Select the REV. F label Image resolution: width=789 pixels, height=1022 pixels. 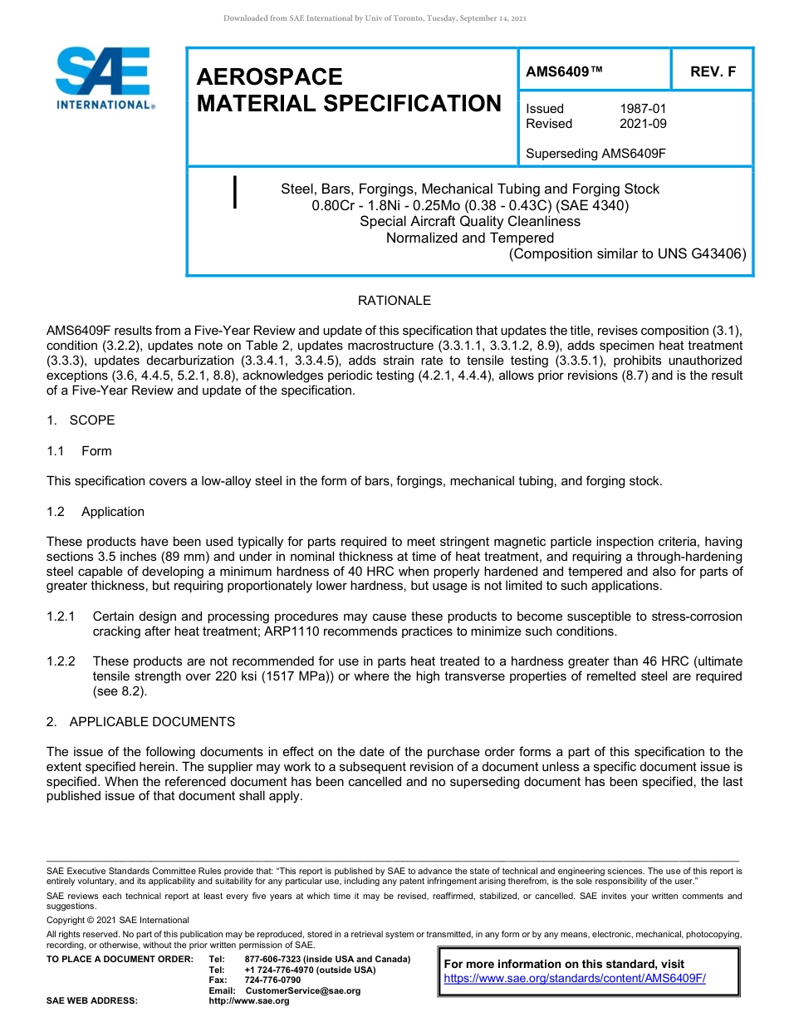(x=713, y=72)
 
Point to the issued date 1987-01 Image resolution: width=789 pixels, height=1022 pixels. (x=643, y=109)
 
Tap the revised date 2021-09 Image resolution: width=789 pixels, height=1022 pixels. (x=643, y=124)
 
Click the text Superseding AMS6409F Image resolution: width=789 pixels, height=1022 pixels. (x=596, y=154)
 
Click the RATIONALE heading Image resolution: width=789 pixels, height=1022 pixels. (x=394, y=301)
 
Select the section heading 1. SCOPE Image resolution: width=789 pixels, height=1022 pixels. (x=81, y=420)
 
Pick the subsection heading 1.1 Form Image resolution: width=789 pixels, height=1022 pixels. (x=79, y=451)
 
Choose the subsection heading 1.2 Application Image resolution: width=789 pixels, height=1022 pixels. (x=96, y=512)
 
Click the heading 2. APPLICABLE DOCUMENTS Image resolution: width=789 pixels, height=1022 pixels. (x=140, y=722)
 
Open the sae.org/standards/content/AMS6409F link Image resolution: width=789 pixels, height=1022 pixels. (x=575, y=979)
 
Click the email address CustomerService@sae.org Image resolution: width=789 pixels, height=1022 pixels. (x=303, y=991)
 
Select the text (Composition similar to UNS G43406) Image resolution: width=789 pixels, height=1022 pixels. (x=627, y=254)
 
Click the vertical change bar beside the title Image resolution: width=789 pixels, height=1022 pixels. (x=236, y=192)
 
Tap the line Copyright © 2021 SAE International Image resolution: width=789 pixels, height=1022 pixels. (x=118, y=921)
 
